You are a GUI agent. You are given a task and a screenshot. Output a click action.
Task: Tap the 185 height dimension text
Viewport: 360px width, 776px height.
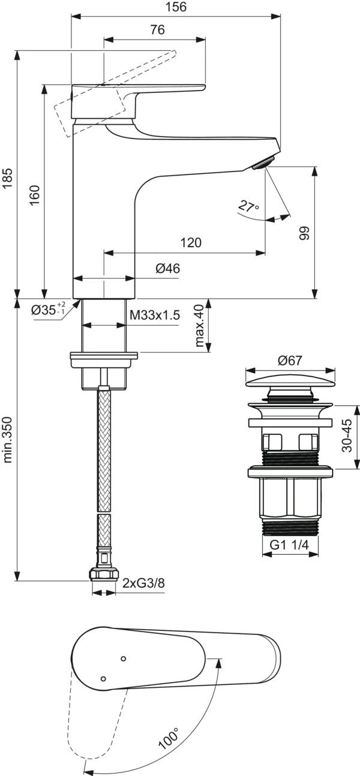pos(8,178)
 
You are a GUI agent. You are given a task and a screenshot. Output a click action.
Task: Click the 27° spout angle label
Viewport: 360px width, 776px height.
pos(248,207)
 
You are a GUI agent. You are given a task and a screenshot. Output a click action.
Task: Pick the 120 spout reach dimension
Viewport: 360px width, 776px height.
pos(190,243)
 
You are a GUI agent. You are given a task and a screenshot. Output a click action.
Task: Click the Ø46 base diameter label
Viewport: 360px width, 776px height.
pos(167,269)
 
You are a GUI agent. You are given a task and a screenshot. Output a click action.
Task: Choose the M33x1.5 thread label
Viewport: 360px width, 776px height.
pos(154,315)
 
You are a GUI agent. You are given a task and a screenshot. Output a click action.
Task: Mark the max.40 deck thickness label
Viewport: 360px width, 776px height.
pos(199,326)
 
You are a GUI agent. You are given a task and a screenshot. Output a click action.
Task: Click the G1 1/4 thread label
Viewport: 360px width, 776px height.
pos(290,545)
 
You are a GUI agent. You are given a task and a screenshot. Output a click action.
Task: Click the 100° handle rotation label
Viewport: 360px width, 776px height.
pos(169,736)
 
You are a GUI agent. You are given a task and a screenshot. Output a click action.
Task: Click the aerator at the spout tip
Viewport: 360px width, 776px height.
pos(263,162)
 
